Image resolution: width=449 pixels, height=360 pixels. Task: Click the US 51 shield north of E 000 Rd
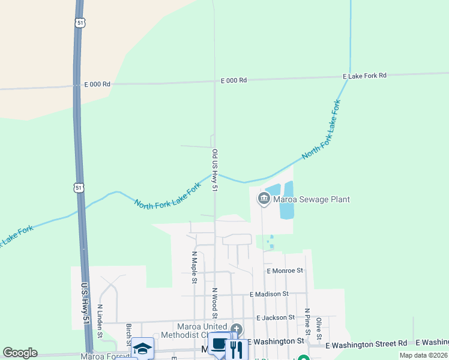80,22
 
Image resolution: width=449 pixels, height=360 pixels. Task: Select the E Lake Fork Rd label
364,76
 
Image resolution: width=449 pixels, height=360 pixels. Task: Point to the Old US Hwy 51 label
214,171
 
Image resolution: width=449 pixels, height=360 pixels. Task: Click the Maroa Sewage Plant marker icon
263,199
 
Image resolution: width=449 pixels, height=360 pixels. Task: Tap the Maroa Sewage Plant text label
312,199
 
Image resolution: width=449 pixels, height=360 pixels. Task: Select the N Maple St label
194,267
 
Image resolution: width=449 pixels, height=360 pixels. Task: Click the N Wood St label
214,303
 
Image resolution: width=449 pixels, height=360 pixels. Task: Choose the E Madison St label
269,294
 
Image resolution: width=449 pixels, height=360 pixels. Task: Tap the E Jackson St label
275,317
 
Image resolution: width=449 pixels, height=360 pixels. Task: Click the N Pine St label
307,319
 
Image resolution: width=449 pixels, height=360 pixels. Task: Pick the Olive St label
319,328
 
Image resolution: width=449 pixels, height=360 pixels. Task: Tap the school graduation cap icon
143,348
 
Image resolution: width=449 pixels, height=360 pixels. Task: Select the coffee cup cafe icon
219,345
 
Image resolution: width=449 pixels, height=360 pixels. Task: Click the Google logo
20,353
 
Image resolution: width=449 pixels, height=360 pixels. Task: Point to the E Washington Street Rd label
366,344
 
